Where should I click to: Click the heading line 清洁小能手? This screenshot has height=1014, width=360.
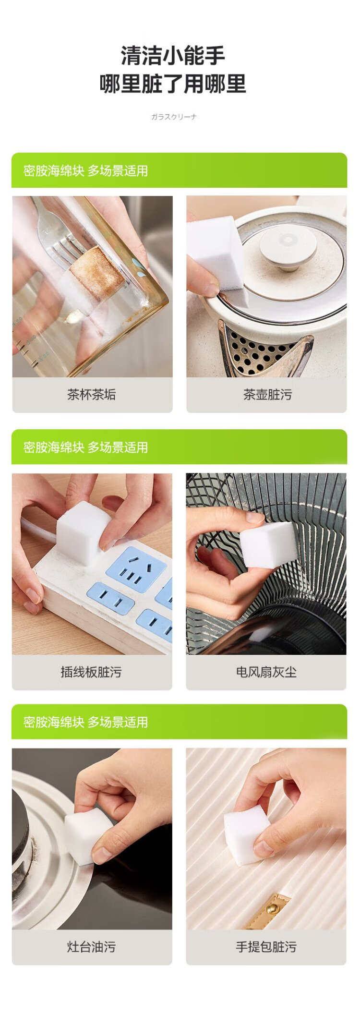[x=173, y=56]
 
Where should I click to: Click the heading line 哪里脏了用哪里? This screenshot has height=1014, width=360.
[x=173, y=84]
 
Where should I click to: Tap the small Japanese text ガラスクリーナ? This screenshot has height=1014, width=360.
[x=174, y=117]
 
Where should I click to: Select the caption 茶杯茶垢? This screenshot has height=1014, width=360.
[x=92, y=395]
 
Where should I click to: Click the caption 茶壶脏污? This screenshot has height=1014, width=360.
[x=267, y=395]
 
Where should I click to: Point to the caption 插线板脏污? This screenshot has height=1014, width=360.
[x=91, y=672]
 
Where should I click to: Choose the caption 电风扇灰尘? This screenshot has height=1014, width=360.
[x=266, y=672]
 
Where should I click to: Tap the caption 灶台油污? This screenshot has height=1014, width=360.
[x=91, y=946]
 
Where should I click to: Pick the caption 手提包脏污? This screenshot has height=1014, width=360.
[x=266, y=946]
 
